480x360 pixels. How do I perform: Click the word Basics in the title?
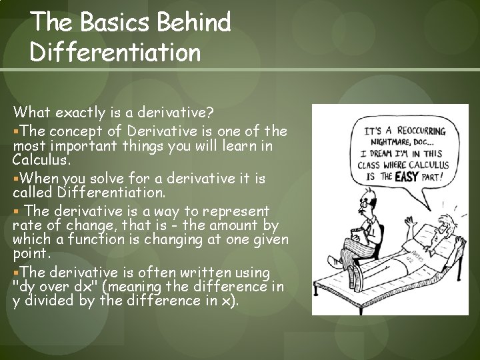[106, 23]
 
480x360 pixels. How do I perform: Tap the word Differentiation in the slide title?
[115, 53]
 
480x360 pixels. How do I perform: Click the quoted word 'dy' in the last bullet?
[25, 286]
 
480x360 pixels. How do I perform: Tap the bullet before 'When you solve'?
[15, 179]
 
